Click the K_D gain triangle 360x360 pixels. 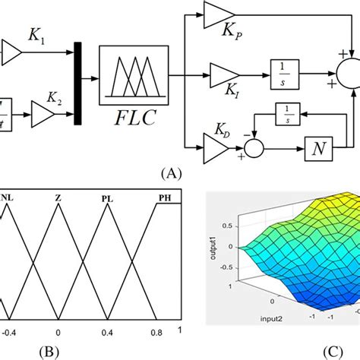(x=213, y=141)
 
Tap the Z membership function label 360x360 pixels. (x=58, y=199)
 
